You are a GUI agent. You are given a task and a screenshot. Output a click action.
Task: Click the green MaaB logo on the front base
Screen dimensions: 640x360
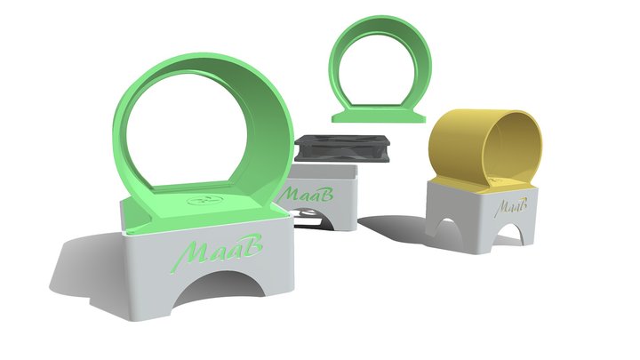(216, 253)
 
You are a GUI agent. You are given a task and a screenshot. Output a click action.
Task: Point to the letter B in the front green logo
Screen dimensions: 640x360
(251, 245)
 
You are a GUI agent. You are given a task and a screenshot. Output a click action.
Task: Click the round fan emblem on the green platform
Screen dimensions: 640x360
(205, 200)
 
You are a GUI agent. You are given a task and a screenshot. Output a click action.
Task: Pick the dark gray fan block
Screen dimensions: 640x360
(342, 148)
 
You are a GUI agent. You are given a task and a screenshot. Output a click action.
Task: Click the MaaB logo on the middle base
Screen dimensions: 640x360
(305, 195)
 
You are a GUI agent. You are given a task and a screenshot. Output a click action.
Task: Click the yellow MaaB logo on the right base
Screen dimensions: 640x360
(510, 206)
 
